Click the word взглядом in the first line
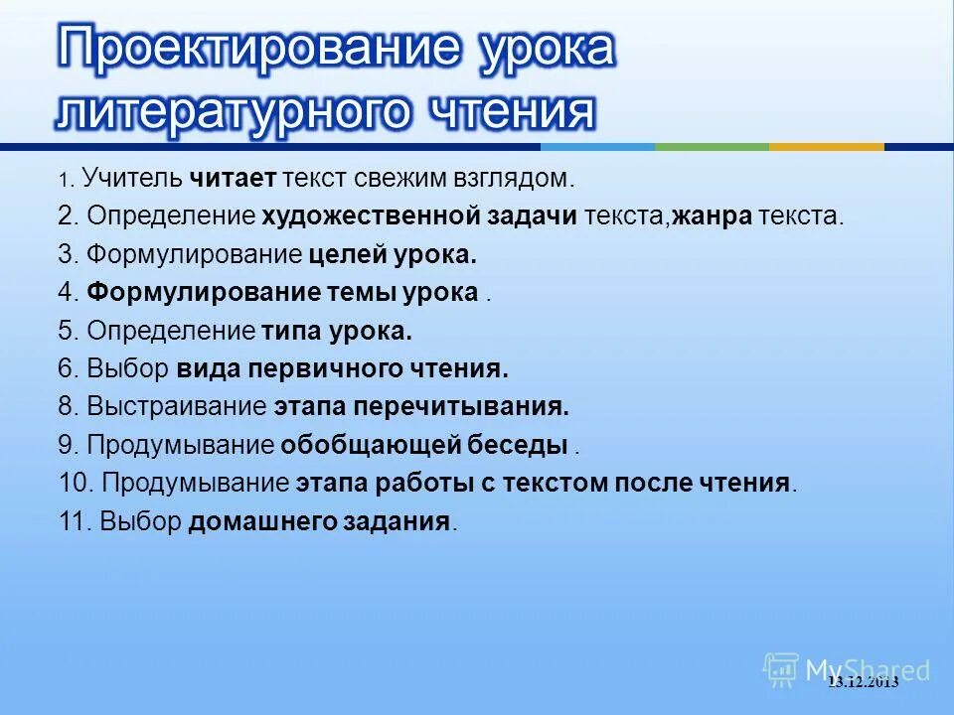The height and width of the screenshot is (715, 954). tap(513, 180)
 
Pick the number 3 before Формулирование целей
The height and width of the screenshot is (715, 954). tap(65, 255)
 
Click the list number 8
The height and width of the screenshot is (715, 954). tap(65, 407)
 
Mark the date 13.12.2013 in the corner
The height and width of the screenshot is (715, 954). tap(863, 681)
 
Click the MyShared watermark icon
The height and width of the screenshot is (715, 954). tap(781, 669)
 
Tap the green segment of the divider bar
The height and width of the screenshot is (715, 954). tap(712, 147)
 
